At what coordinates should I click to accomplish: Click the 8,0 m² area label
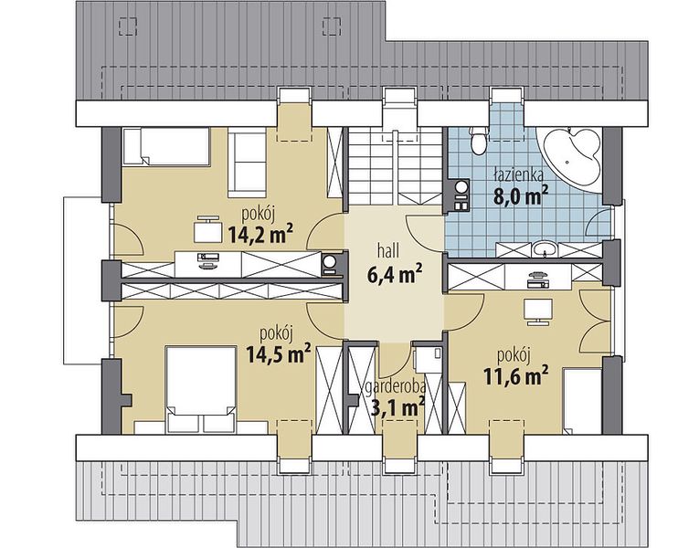pos(521,195)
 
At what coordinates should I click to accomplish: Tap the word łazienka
pos(518,175)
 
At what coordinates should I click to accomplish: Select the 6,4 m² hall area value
pos(394,274)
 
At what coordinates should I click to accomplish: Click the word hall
pos(387,250)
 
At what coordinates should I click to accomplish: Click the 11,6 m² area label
pos(513,375)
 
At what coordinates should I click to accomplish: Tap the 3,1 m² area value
pos(397,407)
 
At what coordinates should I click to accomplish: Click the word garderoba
pos(396,387)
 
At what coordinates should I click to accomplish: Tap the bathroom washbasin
pos(544,250)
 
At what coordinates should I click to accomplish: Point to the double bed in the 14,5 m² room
pos(201,388)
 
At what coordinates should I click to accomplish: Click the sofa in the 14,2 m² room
pos(247,163)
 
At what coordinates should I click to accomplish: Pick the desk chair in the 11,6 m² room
pos(538,311)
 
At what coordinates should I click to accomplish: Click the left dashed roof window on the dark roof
pos(128,26)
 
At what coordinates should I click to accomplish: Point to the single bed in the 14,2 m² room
pos(166,146)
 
